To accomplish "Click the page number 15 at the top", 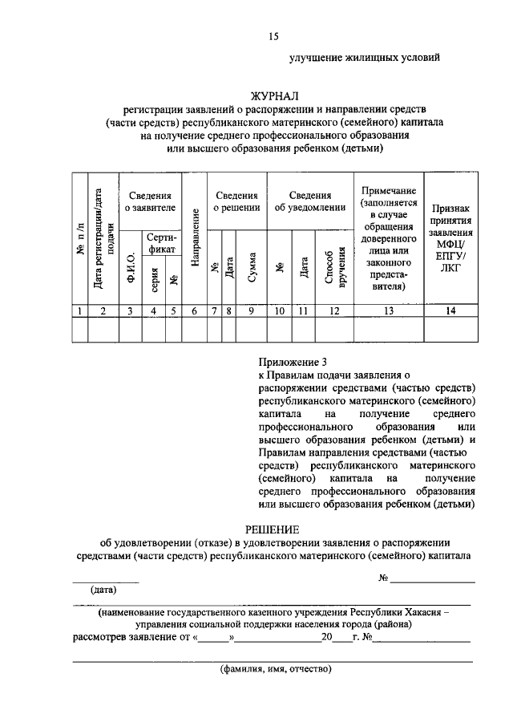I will click(273, 34).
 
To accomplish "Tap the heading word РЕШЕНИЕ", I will click(272, 529).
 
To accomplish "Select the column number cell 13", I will click(388, 310).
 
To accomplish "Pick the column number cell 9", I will click(251, 310).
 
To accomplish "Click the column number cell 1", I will click(79, 310).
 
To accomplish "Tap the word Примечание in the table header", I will click(388, 190).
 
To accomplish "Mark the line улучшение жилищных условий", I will click(364, 58).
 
